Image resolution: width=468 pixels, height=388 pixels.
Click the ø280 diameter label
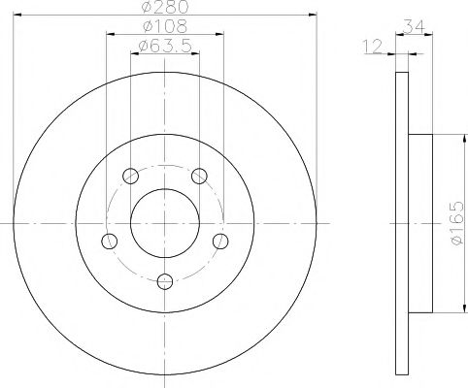pos(165,7)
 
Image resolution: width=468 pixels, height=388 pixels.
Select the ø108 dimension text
pos(165,26)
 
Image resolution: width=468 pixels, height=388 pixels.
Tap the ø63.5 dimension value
pos(165,46)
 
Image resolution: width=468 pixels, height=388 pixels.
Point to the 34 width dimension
pos(414,27)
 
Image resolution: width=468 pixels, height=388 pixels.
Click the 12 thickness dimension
pos(373,46)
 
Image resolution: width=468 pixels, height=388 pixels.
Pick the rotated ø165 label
pos(456,223)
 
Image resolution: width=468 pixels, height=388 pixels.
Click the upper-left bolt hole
pos(131,176)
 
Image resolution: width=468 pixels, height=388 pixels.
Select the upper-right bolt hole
pos(199,176)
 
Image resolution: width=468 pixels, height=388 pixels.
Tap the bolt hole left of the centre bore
pos(109,241)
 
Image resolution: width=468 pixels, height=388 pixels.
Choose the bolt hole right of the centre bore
pos(220,241)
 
